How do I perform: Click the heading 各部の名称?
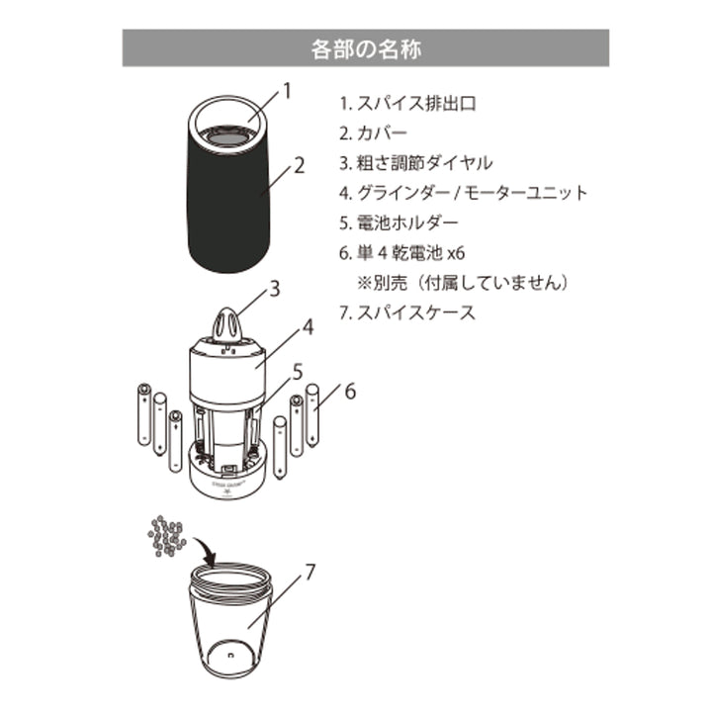(x=365, y=47)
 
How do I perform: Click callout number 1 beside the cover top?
(x=288, y=92)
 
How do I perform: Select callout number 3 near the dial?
(x=276, y=290)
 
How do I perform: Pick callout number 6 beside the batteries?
(x=349, y=392)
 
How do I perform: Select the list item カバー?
(x=375, y=132)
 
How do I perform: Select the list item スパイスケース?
(x=406, y=313)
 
